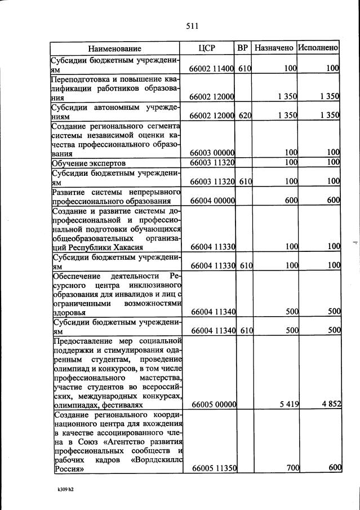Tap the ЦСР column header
point(207,48)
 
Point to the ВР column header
point(243,48)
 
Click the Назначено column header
point(274,48)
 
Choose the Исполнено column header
point(318,48)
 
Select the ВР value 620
point(243,116)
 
